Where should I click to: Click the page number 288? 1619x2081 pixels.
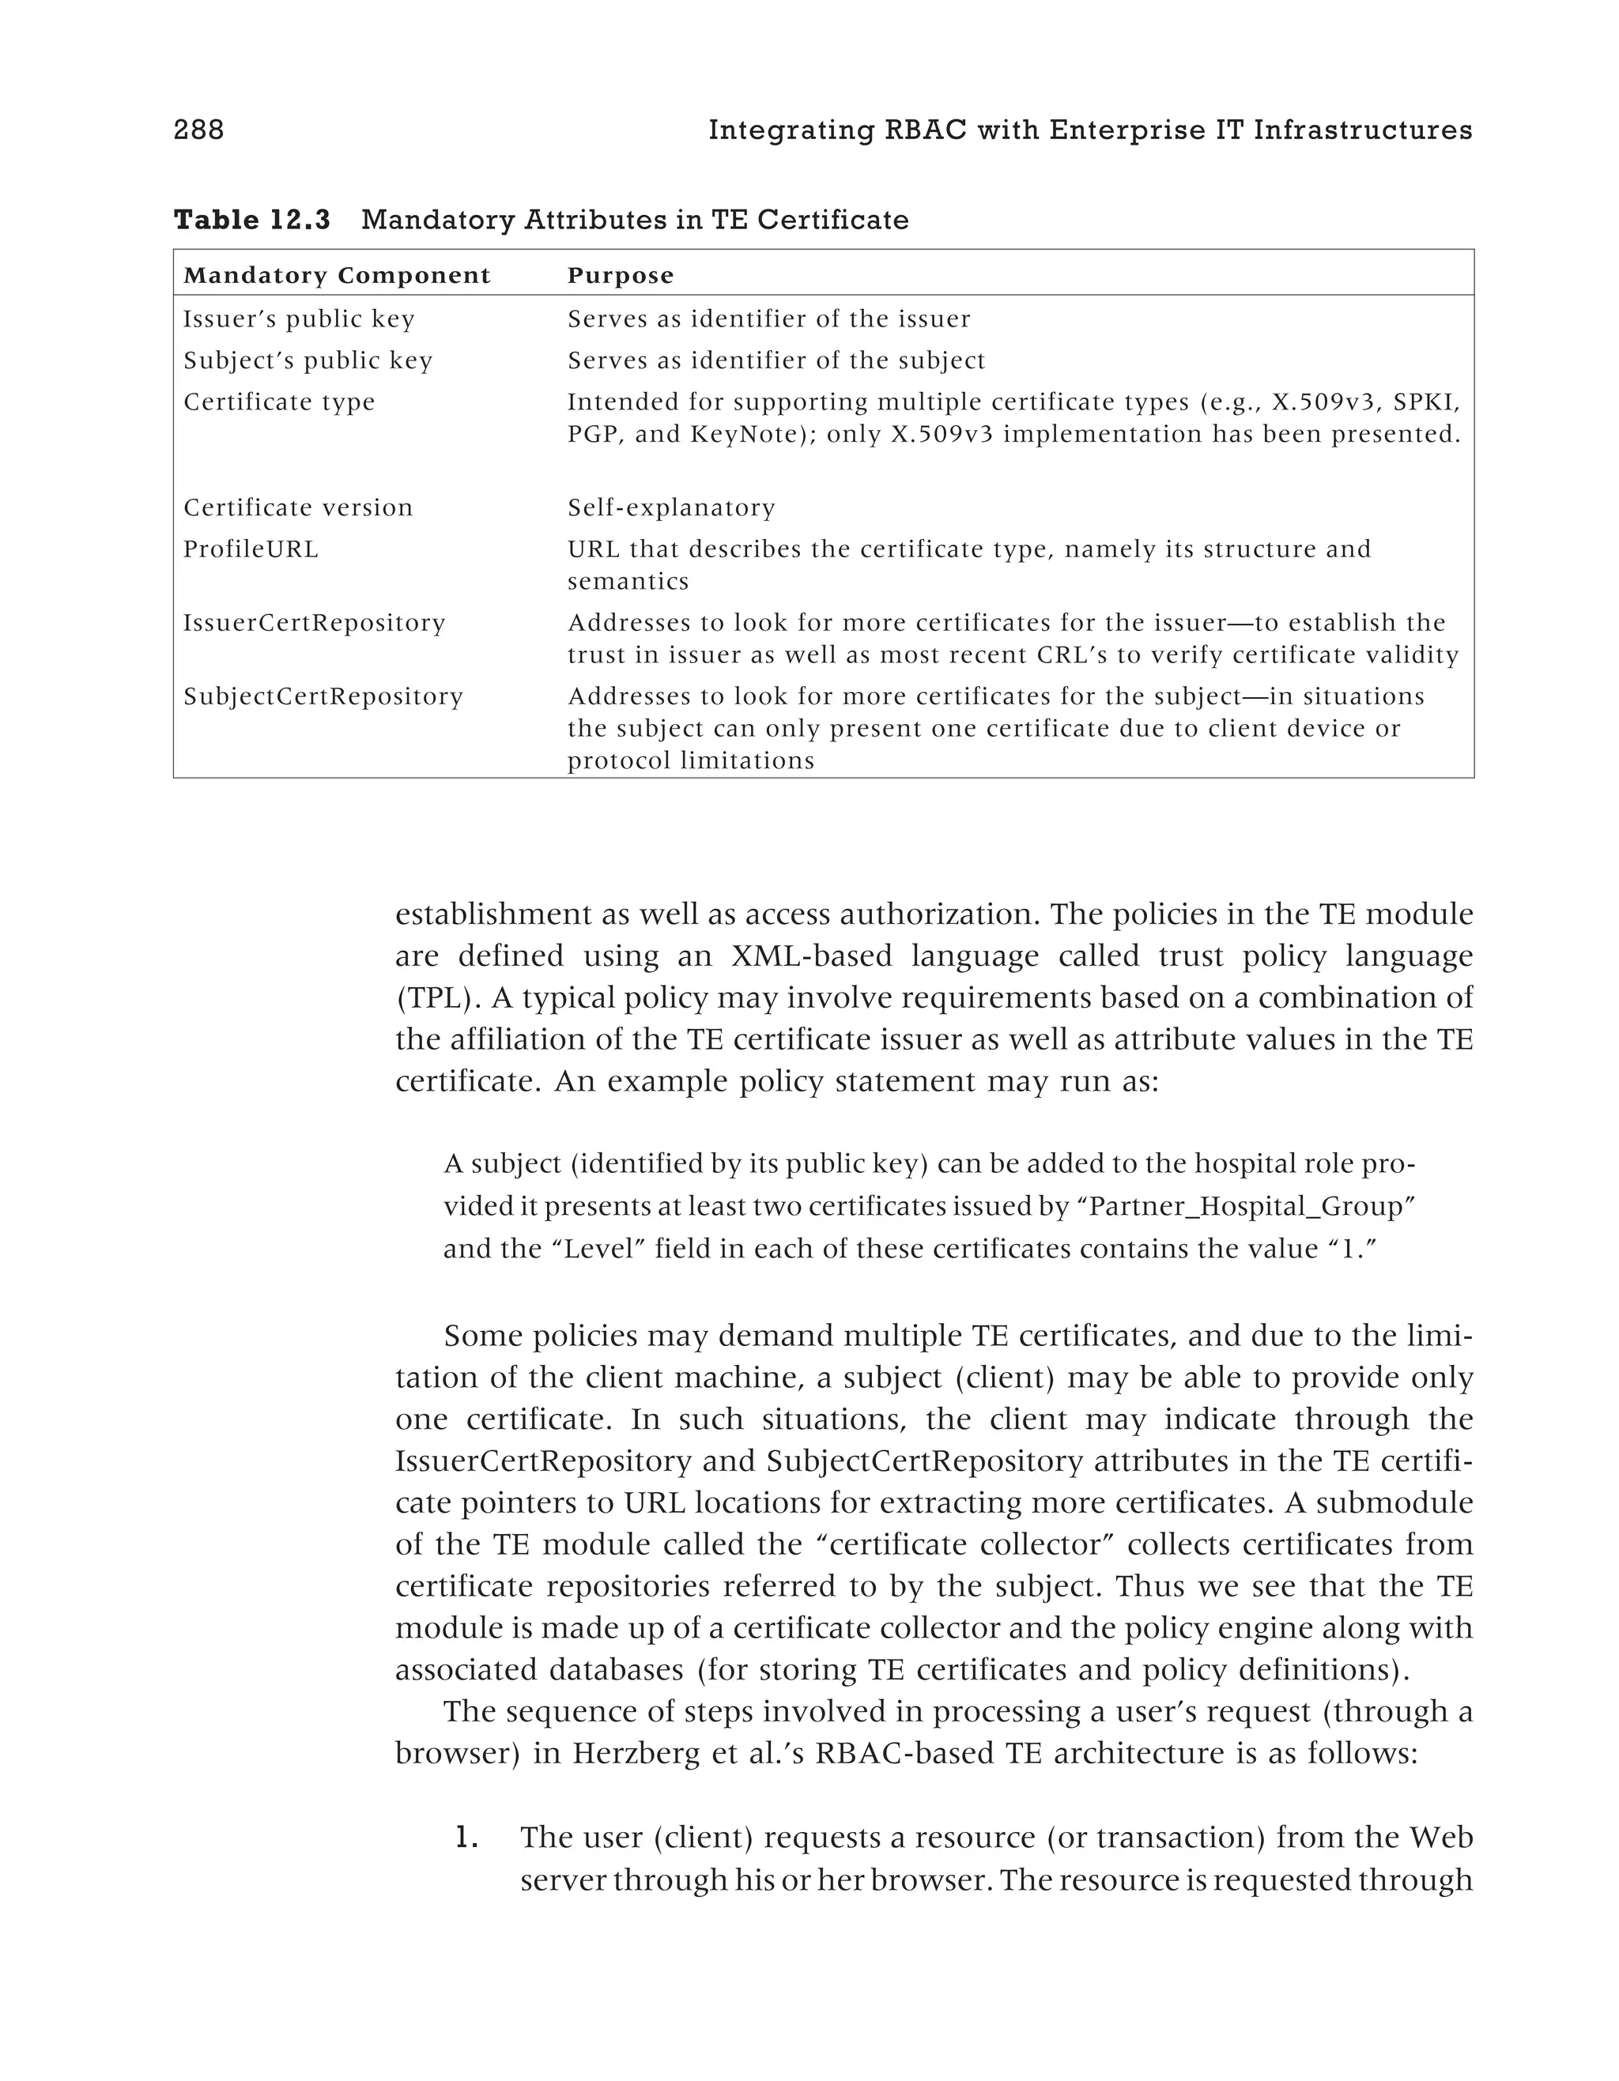pos(198,130)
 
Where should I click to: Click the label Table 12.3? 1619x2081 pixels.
pos(251,220)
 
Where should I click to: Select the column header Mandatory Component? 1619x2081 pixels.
pos(337,277)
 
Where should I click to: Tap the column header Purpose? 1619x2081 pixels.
pos(621,277)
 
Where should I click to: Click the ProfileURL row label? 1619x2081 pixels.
pos(251,550)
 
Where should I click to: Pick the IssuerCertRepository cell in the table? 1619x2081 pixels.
pos(315,623)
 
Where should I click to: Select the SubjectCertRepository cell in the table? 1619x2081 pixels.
pos(323,696)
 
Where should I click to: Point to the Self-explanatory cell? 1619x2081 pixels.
pos(671,508)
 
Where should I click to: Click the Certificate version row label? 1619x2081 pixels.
pos(298,508)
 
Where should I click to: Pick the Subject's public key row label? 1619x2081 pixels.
pos(308,361)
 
